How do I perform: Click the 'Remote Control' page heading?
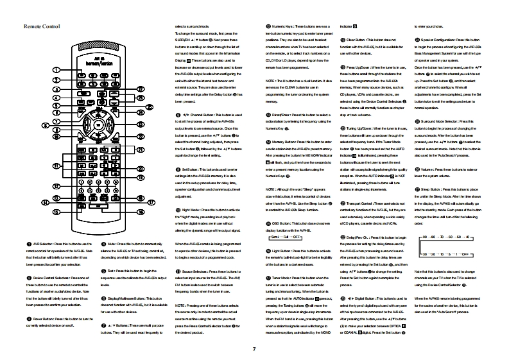click(42, 26)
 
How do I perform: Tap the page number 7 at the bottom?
click(254, 348)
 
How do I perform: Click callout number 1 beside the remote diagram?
click(56, 69)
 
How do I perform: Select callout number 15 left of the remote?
click(56, 211)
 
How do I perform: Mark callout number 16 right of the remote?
click(140, 211)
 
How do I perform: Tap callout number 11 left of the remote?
click(56, 166)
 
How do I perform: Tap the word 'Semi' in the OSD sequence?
click(270, 237)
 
